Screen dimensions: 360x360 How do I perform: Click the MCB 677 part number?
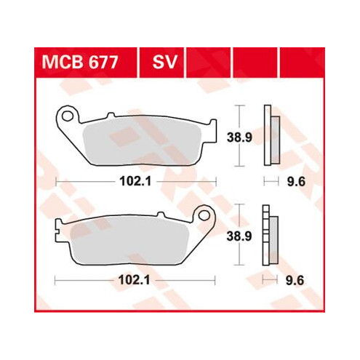point(80,63)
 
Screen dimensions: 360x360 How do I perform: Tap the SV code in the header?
point(165,63)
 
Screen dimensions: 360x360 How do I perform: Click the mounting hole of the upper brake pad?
point(67,116)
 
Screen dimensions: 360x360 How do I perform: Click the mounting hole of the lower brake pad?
point(204,215)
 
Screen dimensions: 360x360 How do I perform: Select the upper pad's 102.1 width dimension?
point(135,181)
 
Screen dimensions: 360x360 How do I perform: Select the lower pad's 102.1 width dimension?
point(134,281)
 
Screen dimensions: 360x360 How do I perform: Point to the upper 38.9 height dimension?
point(239,137)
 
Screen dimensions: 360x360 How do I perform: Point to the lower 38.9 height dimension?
point(239,236)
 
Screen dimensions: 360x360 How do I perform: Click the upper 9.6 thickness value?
point(296,182)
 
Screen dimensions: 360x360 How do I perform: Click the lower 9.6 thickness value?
point(295,281)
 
